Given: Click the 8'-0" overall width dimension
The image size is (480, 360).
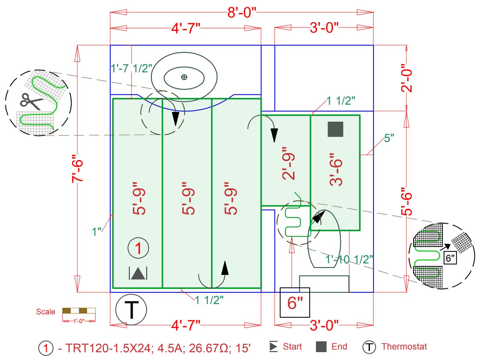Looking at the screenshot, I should click(242, 13).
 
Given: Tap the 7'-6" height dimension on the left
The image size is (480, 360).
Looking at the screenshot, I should click(77, 170).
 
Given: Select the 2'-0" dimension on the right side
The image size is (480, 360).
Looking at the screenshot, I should click(407, 78).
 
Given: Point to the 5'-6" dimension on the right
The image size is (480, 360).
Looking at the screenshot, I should click(407, 201).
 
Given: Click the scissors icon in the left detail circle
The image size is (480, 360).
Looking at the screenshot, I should click(31, 101).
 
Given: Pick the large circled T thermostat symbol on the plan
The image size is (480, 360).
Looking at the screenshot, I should click(131, 310).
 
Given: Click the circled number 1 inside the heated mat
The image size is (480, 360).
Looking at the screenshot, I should click(138, 248).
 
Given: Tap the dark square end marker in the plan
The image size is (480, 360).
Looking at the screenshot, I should click(335, 129).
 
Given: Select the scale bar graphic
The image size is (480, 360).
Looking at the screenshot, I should click(79, 311).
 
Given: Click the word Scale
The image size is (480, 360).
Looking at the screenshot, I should click(46, 312).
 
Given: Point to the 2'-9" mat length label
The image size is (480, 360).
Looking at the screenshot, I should click(289, 163).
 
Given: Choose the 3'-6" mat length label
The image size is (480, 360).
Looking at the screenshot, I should click(336, 169).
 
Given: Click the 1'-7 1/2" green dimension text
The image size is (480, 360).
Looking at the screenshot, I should click(131, 68).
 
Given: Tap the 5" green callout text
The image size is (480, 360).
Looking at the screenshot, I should click(389, 138).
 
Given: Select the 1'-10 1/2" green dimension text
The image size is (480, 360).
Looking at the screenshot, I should click(349, 259).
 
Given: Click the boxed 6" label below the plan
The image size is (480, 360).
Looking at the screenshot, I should click(295, 302).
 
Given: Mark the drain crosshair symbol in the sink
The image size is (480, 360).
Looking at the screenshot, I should click(184, 77).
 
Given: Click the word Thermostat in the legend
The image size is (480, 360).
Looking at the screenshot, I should click(404, 347).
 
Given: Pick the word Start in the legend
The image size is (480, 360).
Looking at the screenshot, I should click(292, 347).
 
